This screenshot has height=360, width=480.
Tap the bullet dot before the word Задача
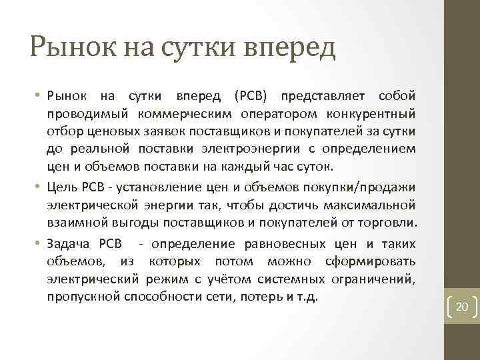pos(38,244)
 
